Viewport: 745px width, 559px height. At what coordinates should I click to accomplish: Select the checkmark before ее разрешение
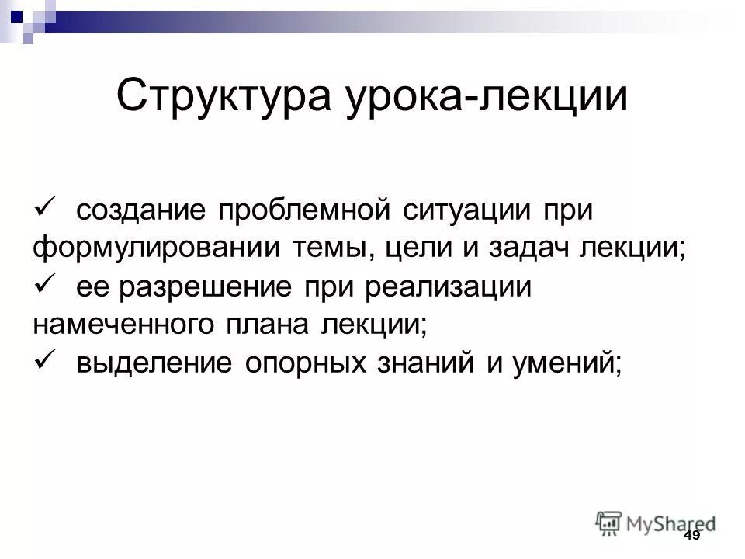tap(44, 285)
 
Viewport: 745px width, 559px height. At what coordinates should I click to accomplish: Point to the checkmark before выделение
tap(44, 360)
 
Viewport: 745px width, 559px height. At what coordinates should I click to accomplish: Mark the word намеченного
tap(127, 325)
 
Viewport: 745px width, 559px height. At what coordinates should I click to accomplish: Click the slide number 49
tap(691, 537)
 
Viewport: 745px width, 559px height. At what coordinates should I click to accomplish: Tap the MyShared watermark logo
tap(656, 523)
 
